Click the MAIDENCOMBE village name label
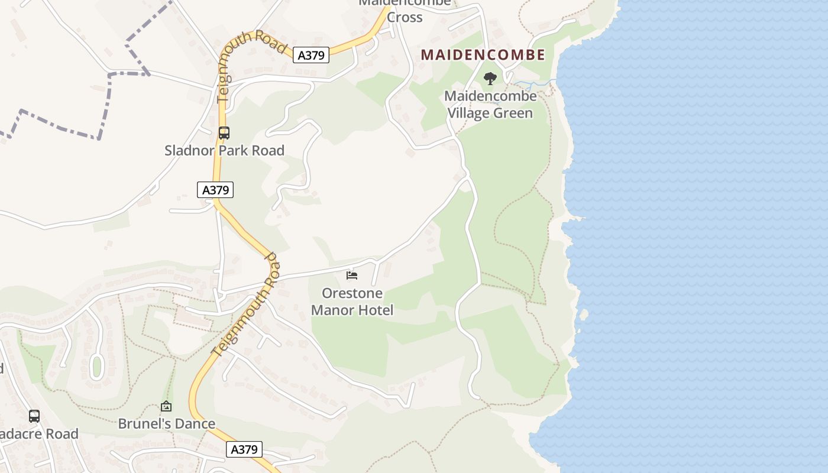point(483,55)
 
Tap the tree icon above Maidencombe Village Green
point(490,78)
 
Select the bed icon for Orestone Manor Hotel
point(352,276)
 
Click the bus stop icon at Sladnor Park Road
point(224,133)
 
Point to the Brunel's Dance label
point(166,424)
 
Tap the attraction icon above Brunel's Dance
point(166,406)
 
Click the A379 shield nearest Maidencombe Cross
point(311,56)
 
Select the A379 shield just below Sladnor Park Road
point(215,190)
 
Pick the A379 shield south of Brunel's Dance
point(244,449)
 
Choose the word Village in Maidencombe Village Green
point(472,113)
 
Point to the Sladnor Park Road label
point(224,150)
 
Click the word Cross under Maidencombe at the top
point(405,17)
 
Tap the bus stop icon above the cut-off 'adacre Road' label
point(34,416)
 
